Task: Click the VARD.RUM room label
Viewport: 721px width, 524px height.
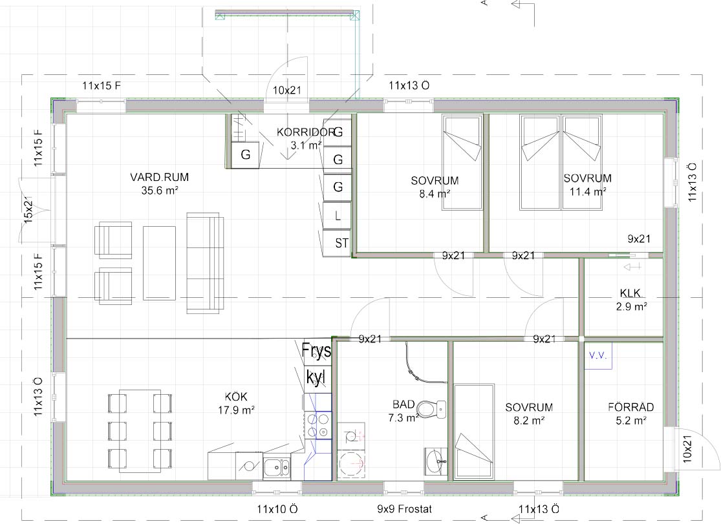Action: [159, 177]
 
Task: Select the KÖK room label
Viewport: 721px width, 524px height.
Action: [237, 397]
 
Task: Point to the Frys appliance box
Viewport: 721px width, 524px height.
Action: [317, 352]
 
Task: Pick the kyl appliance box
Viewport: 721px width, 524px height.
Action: [317, 379]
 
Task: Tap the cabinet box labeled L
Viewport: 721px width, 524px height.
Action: [337, 216]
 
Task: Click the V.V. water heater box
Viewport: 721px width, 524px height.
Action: [598, 356]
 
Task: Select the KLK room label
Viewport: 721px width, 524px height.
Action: [630, 293]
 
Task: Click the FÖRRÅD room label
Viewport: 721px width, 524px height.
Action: [631, 407]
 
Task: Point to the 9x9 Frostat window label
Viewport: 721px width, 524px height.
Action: [404, 509]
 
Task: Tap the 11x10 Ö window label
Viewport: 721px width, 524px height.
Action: [277, 509]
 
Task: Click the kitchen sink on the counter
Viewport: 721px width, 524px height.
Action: [277, 467]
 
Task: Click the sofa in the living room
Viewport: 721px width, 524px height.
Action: [205, 263]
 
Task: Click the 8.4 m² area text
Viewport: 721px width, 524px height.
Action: [435, 194]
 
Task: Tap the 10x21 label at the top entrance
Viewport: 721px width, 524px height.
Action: [287, 90]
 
